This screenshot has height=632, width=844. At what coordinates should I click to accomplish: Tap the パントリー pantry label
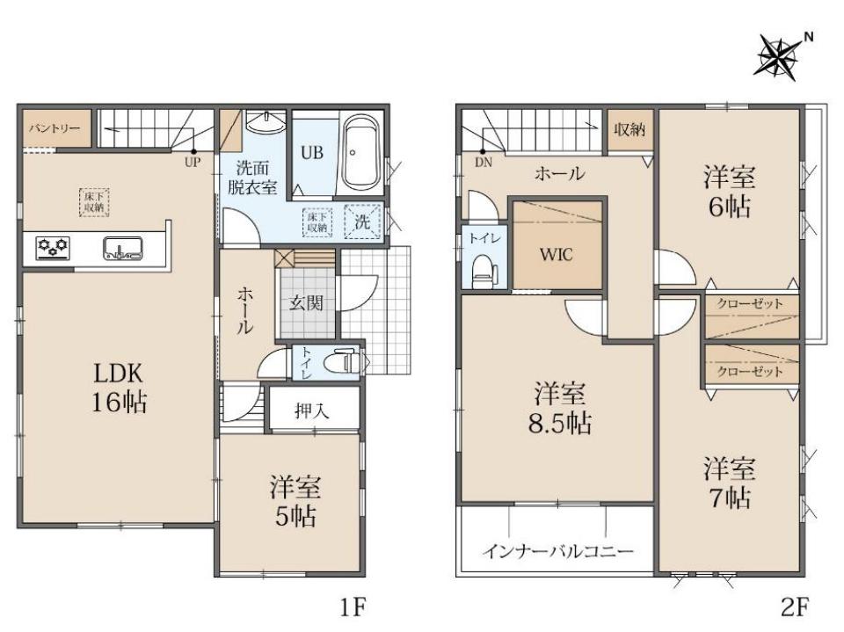[x=55, y=128]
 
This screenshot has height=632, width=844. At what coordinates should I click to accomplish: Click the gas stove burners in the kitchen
[x=53, y=248]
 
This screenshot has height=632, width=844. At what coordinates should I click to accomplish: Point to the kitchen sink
[x=123, y=248]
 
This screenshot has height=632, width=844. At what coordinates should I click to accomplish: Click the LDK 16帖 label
[x=119, y=388]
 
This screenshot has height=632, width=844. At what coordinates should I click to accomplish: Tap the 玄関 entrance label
[x=306, y=303]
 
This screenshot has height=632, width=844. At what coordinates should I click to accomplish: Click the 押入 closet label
[x=312, y=411]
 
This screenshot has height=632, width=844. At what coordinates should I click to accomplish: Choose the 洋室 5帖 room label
[x=295, y=501]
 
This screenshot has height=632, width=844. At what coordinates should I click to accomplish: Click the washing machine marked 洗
[x=362, y=222]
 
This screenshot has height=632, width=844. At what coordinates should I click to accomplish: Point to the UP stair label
[x=193, y=162]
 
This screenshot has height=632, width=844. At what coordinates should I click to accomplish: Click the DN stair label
[x=484, y=163]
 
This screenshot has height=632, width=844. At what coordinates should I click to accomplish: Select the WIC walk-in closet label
[x=557, y=254]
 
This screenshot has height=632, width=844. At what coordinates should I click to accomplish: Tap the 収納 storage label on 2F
[x=629, y=129]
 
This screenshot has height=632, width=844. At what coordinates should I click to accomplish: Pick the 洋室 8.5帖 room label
[x=560, y=408]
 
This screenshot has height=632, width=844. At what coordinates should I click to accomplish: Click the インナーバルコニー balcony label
[x=557, y=551]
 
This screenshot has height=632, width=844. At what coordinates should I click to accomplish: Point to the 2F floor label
[x=795, y=607]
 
